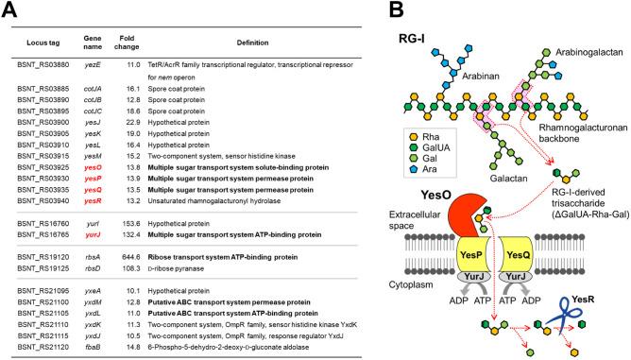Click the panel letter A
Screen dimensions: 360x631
point(12,10)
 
